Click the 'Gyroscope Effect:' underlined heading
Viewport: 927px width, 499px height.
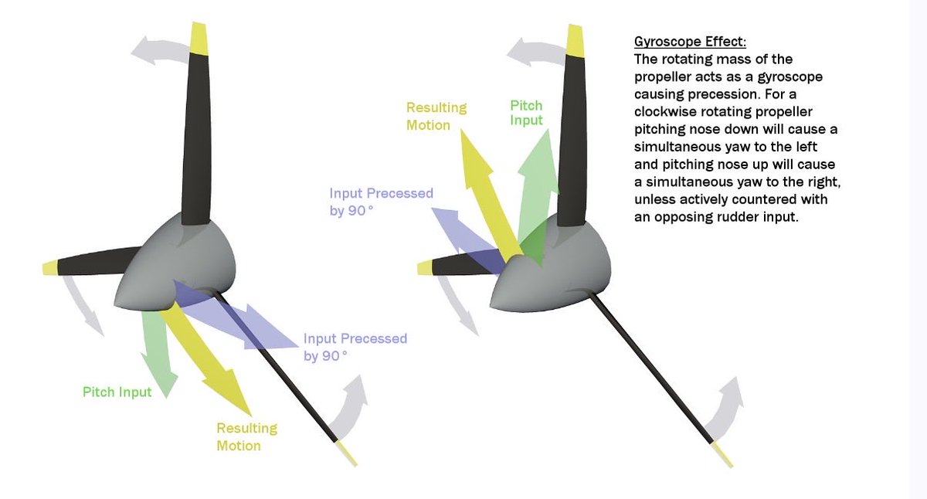pyautogui.click(x=690, y=42)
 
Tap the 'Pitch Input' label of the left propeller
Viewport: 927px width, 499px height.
pyautogui.click(x=117, y=392)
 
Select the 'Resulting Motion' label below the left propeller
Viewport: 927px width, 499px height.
pyautogui.click(x=246, y=436)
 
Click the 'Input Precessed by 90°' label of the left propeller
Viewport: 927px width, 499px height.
pyautogui.click(x=355, y=347)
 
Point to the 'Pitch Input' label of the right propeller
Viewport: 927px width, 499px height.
pyautogui.click(x=526, y=113)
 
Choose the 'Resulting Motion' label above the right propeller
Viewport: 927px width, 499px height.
pyautogui.click(x=436, y=117)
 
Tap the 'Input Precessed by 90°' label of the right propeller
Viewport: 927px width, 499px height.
pyautogui.click(x=381, y=202)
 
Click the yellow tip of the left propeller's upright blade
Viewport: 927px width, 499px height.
pyautogui.click(x=199, y=37)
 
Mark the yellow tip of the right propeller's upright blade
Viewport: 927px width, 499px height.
pyautogui.click(x=575, y=40)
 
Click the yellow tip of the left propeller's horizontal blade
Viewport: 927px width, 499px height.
pyautogui.click(x=49, y=268)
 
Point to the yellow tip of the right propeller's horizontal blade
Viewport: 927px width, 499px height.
pyautogui.click(x=425, y=268)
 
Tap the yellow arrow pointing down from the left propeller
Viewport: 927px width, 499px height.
pyautogui.click(x=205, y=358)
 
